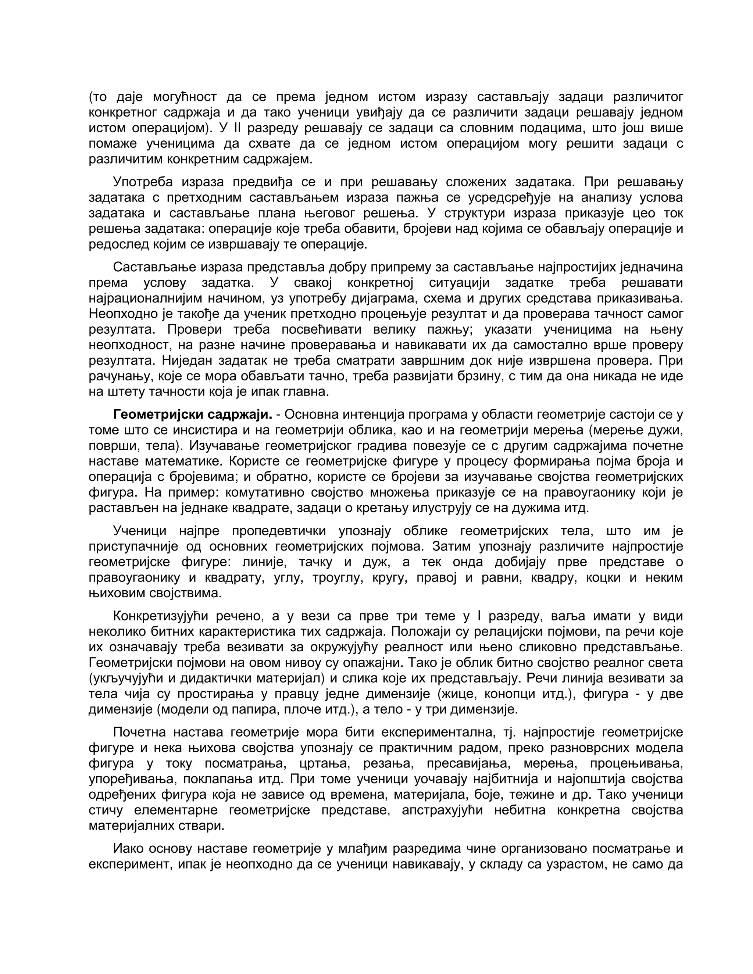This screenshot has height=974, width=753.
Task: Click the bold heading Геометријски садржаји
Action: click(192, 415)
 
